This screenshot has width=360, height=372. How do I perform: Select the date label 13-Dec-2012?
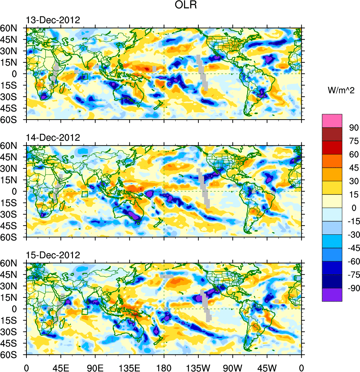pyautogui.click(x=53, y=20)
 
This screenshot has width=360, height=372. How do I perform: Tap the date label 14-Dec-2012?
pyautogui.click(x=53, y=138)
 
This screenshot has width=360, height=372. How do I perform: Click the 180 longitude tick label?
pyautogui.click(x=164, y=366)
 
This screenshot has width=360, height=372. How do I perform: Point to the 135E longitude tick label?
pyautogui.click(x=129, y=366)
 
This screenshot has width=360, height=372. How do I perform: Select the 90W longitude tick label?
pyautogui.click(x=233, y=366)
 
